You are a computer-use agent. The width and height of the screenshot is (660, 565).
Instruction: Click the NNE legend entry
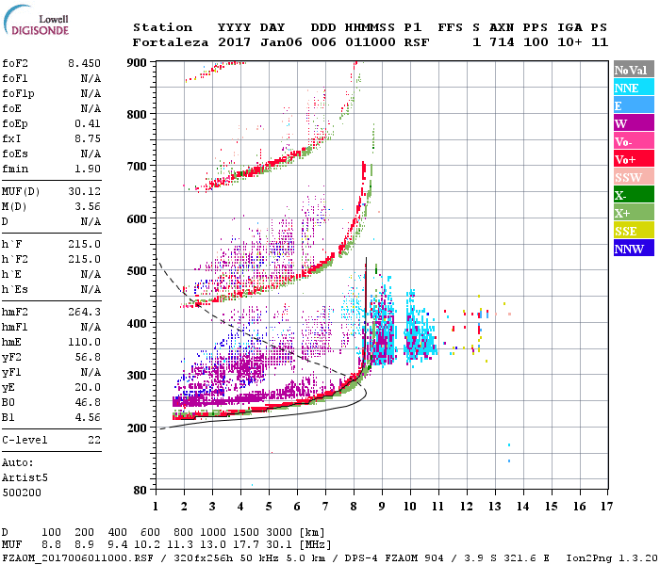click(632, 88)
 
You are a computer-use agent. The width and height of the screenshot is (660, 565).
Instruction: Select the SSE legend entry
click(632, 231)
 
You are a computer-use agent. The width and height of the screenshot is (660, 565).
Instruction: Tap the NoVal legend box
click(632, 70)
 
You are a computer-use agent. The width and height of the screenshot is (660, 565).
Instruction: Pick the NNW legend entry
click(632, 249)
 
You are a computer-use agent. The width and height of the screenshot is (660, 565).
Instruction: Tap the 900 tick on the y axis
click(139, 62)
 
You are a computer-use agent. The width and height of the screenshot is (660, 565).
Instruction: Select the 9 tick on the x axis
click(382, 507)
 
